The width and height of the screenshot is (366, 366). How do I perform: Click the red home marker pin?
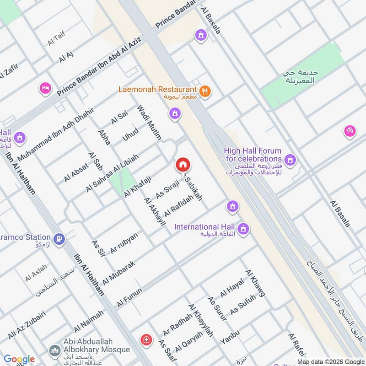coord(183,165)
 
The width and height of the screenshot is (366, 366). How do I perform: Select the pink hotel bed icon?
coord(45,88)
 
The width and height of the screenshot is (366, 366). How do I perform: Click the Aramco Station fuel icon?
coord(59,238)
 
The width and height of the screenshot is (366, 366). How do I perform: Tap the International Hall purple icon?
coord(244,228)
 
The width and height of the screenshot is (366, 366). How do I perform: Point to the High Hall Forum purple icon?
coord(289,160)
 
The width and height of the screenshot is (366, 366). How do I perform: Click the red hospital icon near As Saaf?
coord(146,339)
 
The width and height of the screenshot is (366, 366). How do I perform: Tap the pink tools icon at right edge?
coord(350,131)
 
